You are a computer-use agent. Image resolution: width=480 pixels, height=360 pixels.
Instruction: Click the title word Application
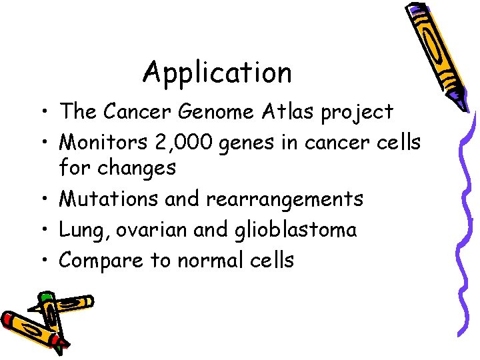click(217, 73)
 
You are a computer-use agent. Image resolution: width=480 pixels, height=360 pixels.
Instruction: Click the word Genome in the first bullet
click(217, 111)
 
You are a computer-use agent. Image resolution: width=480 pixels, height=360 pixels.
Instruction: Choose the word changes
click(137, 167)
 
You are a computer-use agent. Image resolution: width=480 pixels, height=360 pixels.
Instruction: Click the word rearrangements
click(287, 199)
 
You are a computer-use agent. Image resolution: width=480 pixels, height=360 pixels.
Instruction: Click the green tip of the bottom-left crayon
click(45, 296)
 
